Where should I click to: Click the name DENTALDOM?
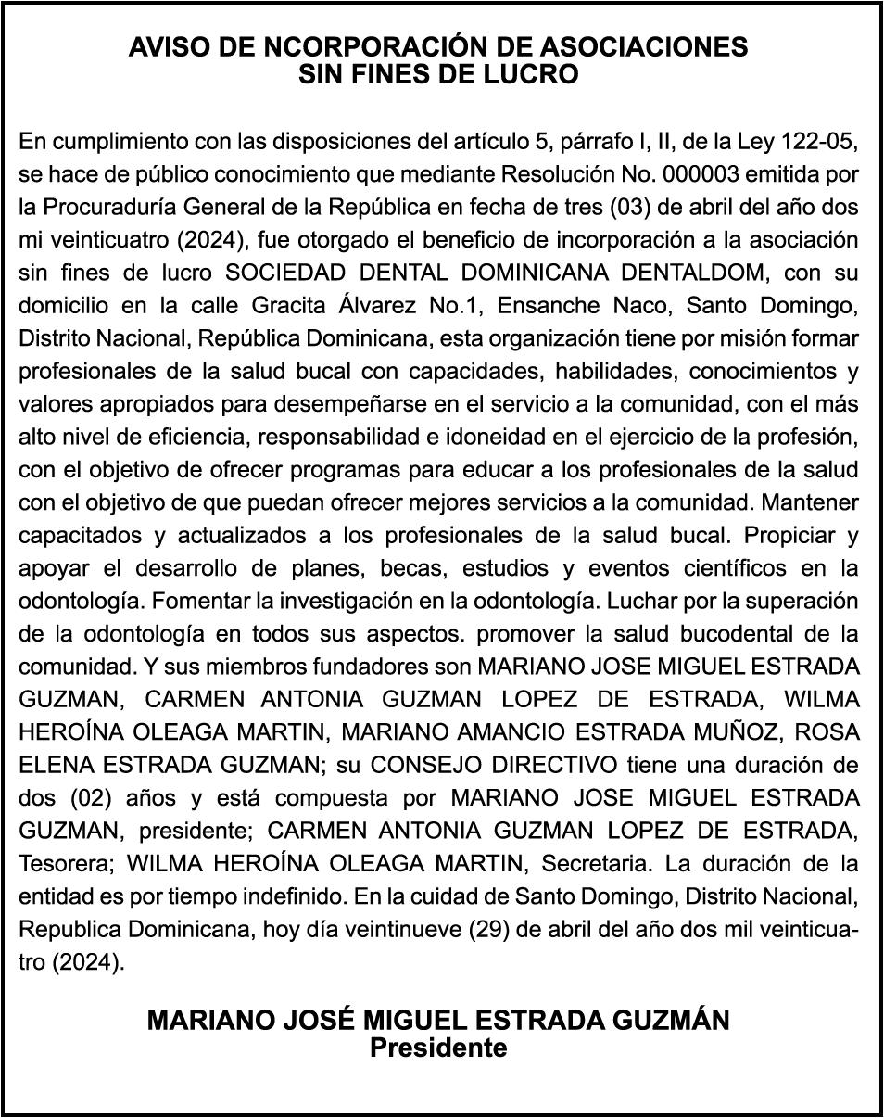(707, 273)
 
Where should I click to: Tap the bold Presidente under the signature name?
(439, 1048)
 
